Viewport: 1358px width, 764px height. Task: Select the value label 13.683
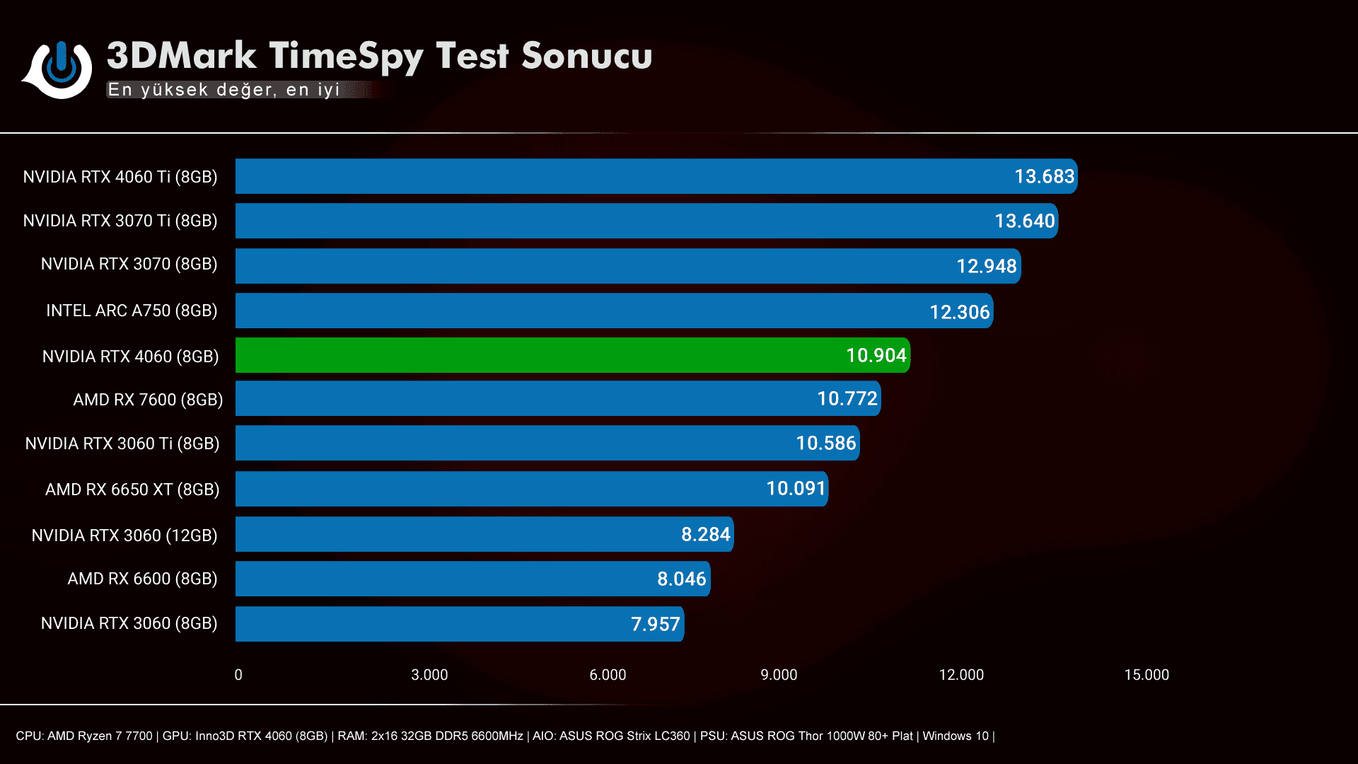coord(1044,176)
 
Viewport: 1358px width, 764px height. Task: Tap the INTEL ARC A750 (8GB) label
coord(132,311)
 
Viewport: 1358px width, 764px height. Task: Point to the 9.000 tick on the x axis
coord(779,675)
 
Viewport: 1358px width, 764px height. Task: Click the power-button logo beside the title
coord(59,69)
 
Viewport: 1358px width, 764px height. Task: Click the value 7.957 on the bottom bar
coord(655,624)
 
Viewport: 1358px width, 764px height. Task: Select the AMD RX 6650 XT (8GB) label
coord(132,490)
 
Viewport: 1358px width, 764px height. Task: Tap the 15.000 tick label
coord(1147,675)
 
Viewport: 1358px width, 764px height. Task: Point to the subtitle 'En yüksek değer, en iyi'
coord(224,90)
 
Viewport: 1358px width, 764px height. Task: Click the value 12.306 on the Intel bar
coord(959,312)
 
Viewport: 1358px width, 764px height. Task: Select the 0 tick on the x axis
coord(238,675)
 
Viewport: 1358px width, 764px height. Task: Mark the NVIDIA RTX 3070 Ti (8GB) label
coord(120,221)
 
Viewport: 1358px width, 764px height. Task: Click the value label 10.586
coord(825,443)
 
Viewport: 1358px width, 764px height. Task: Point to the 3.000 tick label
coord(429,675)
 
